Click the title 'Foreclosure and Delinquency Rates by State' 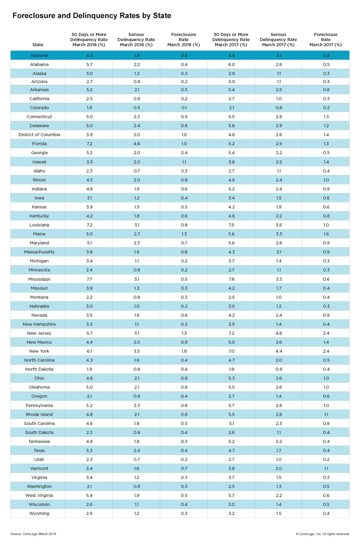coord(92,16)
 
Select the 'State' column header coord(38,45)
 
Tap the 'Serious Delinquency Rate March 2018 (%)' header coord(136,40)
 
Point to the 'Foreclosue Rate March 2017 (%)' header coord(326,40)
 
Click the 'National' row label coord(39,55)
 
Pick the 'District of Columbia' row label coord(39,135)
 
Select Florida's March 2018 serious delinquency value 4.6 coord(136,144)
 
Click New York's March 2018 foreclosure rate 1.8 coord(184,351)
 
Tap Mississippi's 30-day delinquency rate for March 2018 coord(89,279)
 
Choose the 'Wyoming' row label coord(39,513)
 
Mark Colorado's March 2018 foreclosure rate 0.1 coord(184,108)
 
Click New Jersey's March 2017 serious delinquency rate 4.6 coord(279,333)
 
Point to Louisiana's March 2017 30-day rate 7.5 coord(231,225)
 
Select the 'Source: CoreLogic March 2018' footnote coord(33,534)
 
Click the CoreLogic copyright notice coord(322,534)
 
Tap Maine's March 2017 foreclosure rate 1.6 coord(326,234)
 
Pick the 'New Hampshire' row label coord(39,324)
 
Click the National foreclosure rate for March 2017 coord(326,55)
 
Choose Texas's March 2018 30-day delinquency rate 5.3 coord(89,450)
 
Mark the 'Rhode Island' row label coord(39,414)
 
